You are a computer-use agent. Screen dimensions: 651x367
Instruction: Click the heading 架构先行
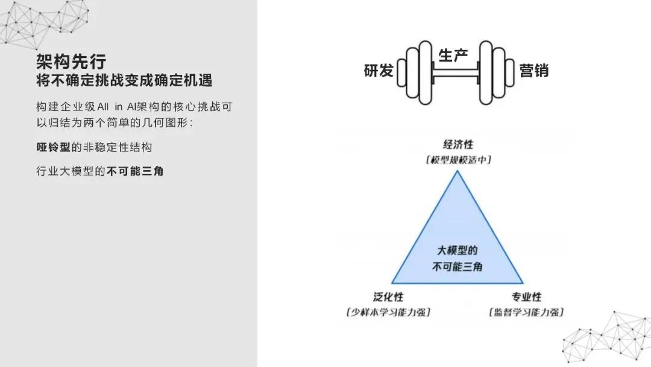pos(71,61)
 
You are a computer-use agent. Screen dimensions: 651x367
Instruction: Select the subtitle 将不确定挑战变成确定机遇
pos(124,80)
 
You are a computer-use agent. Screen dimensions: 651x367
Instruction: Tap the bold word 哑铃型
pos(53,147)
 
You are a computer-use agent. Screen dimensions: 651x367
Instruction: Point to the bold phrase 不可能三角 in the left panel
pos(135,171)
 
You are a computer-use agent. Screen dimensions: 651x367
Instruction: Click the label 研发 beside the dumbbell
pos(379,71)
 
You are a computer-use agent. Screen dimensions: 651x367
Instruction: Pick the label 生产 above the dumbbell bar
pos(453,56)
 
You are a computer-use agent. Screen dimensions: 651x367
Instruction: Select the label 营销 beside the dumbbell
pos(534,71)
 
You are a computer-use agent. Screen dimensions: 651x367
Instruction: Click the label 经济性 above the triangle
pos(458,145)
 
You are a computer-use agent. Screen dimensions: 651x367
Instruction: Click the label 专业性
pos(527,297)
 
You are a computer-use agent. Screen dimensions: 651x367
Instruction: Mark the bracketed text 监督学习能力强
pos(527,312)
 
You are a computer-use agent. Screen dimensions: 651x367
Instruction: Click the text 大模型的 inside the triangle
pos(457,251)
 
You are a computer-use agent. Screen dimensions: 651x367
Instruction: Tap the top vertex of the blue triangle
pos(458,172)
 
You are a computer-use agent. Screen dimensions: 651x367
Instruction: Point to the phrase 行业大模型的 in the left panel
pos(71,171)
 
